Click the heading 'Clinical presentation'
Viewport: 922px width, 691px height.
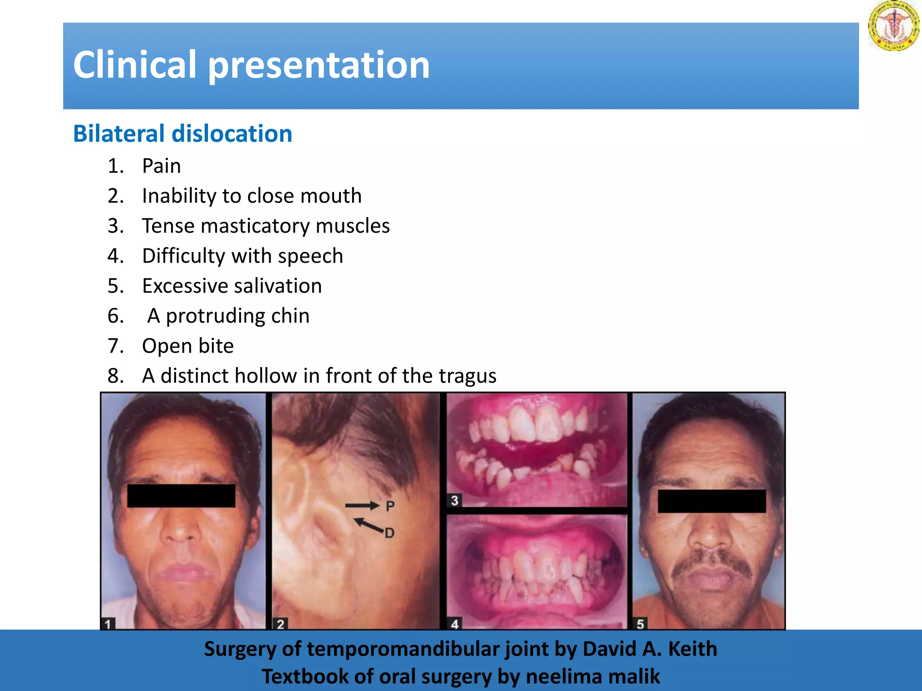coord(251,65)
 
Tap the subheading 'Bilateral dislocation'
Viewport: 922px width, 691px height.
coord(182,134)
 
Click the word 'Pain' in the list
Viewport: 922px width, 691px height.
coord(161,166)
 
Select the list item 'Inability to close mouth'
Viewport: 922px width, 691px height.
coord(252,196)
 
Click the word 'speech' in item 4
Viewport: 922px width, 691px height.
coord(310,256)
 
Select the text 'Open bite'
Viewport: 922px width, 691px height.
coord(188,346)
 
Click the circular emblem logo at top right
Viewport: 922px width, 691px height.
coord(893,26)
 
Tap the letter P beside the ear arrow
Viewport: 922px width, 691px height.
coord(390,507)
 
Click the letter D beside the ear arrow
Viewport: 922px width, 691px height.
coord(389,534)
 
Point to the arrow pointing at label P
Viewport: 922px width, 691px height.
coord(362,506)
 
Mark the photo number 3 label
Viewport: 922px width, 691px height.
coord(455,501)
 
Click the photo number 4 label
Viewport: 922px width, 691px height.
coord(455,624)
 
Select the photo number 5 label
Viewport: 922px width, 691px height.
coord(640,624)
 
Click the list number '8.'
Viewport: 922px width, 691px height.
coord(116,376)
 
